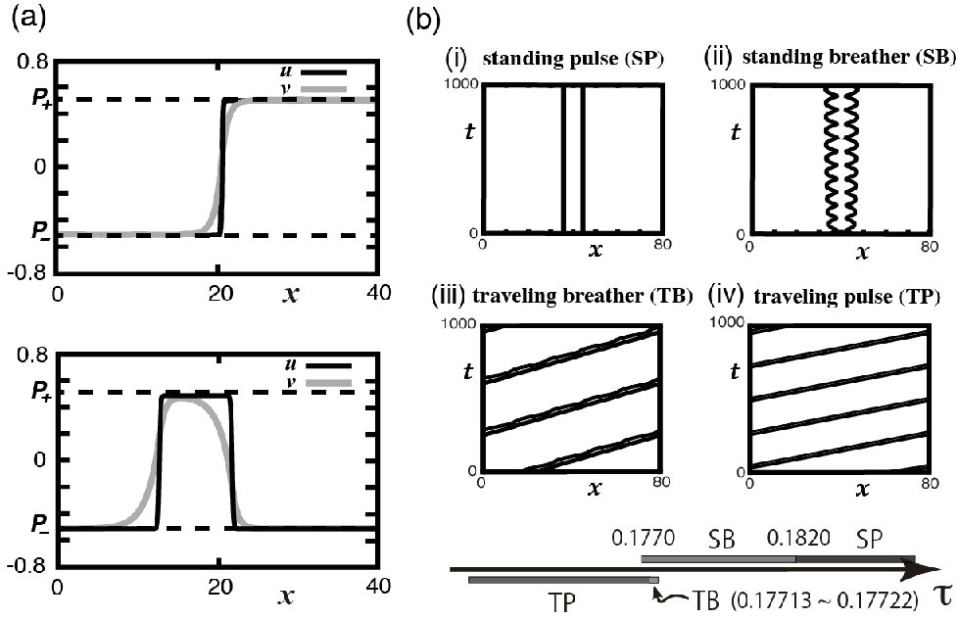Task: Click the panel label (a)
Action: pos(28,21)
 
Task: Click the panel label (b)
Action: pos(423,22)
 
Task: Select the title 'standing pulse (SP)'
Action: pos(573,59)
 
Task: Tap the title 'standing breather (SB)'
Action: pos(848,57)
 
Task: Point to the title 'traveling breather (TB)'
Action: pos(583,296)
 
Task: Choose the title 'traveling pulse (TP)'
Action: pos(846,297)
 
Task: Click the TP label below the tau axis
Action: pos(561,603)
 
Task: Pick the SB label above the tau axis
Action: pos(721,540)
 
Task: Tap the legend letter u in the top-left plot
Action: pos(291,72)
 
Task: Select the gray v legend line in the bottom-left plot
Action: pos(329,383)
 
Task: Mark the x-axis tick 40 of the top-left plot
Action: pos(380,293)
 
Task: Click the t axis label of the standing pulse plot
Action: pos(469,131)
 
